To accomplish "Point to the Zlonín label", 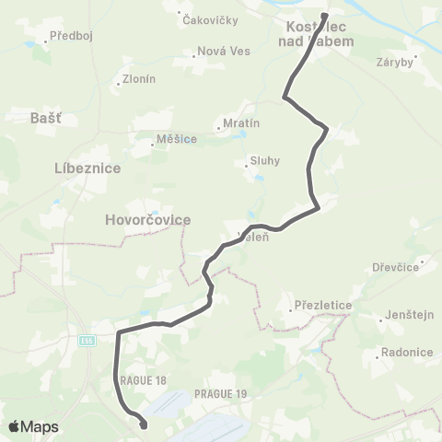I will (x=139, y=79).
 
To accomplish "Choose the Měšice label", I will (x=178, y=139).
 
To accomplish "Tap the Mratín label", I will (x=241, y=122).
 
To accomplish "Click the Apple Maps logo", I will (x=33, y=426).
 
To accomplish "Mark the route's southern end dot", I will (x=144, y=425).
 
